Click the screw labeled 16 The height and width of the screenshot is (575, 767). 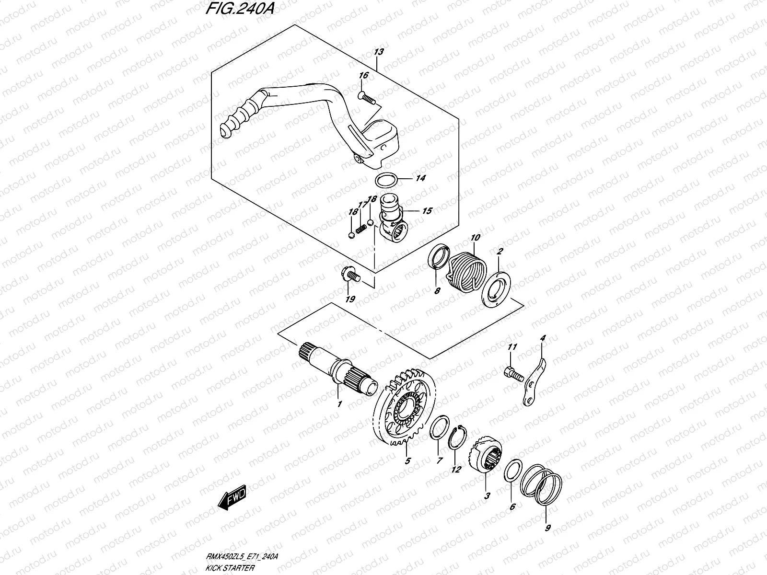pos(367,98)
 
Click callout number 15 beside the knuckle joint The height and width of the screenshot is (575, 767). pos(427,210)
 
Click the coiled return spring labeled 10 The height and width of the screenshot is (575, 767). pos(465,268)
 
